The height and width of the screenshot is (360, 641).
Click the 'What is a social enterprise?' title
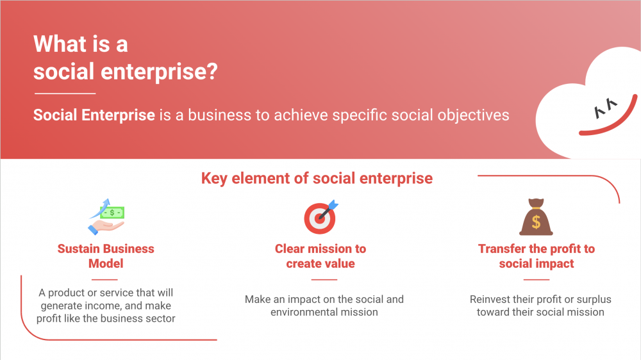pos(125,58)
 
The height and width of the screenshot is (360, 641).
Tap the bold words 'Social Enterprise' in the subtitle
pos(94,115)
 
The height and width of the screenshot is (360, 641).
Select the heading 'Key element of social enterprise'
pos(317,179)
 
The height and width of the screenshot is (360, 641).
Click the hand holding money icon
pos(106,217)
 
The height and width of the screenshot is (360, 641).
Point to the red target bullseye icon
pos(321,217)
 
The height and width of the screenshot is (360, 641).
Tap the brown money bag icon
pos(536,217)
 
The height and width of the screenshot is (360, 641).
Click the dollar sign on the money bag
pos(536,222)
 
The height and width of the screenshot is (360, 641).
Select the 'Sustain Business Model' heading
pos(106,256)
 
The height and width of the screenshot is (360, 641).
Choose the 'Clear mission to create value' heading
pos(320,256)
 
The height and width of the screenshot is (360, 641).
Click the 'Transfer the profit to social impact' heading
pos(537,256)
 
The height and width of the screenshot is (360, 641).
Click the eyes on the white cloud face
pos(606,108)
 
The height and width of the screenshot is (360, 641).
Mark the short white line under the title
pos(65,94)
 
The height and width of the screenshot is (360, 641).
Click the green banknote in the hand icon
pos(112,213)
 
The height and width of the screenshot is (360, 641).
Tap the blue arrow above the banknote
pos(101,208)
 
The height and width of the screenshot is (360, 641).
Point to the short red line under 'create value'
pos(324,280)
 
